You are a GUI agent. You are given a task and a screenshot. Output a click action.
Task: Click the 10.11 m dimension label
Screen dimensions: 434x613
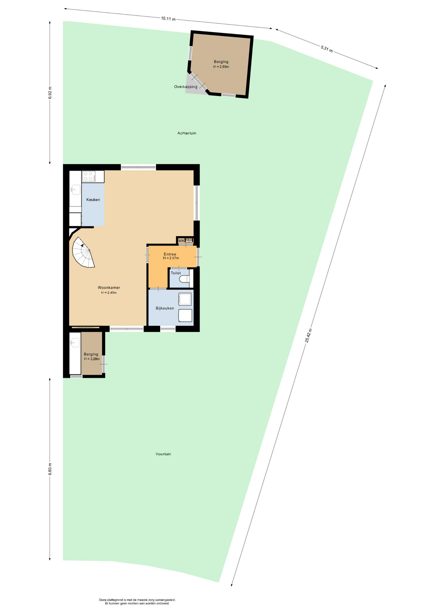[168, 19]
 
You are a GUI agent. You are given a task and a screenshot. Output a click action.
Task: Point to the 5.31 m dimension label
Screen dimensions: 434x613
[327, 49]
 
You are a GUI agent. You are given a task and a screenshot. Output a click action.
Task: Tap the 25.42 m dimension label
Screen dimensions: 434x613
[308, 336]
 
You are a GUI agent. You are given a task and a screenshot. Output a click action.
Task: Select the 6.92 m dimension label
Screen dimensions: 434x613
[50, 93]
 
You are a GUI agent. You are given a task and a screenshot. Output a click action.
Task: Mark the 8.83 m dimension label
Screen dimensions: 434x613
[50, 469]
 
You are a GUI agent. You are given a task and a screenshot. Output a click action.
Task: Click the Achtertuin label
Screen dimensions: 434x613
[187, 133]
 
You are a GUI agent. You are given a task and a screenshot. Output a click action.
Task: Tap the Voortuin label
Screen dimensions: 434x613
[163, 454]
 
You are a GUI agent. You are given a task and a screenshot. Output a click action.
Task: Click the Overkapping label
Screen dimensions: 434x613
[186, 87]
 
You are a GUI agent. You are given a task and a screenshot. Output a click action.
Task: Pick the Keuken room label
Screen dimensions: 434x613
[93, 200]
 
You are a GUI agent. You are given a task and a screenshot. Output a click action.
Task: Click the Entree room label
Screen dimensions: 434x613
[170, 254]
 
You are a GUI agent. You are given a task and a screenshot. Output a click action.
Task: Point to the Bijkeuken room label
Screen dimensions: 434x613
[165, 308]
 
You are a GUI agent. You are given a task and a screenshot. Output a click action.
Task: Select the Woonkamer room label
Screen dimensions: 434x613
[109, 288]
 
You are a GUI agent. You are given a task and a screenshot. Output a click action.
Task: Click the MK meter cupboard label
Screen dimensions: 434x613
[181, 241]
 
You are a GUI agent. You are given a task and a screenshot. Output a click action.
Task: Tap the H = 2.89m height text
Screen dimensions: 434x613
[221, 67]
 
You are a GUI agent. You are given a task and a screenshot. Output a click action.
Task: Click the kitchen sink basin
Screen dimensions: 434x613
[76, 190]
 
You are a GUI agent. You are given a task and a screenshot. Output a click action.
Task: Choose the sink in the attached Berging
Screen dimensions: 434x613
[75, 343]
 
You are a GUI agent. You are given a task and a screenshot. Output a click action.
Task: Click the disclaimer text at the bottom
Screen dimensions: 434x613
[137, 602]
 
